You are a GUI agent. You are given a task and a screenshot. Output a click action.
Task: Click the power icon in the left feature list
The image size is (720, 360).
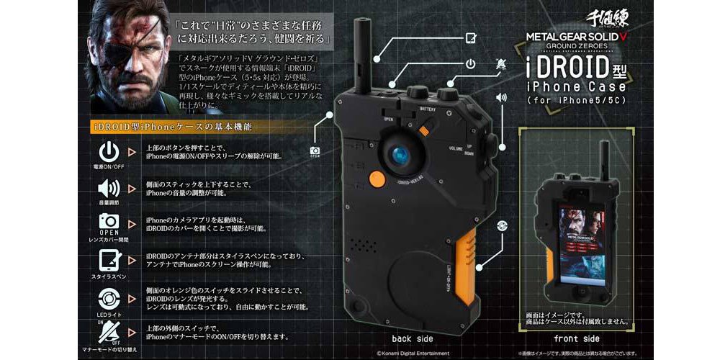(x=107, y=152)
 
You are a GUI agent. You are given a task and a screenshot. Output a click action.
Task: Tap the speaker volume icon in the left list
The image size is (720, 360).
(x=107, y=188)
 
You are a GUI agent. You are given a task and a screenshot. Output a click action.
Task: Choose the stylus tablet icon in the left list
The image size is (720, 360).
(x=107, y=259)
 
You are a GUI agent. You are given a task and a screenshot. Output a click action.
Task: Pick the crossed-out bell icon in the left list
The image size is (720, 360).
(x=107, y=330)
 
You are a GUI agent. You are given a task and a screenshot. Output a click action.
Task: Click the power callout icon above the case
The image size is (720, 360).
(x=469, y=63)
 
